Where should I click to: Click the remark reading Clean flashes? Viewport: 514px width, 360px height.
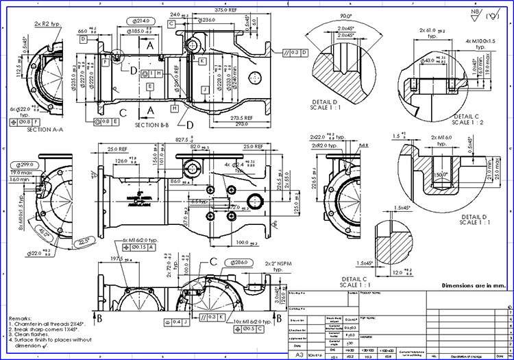pyautogui.click(x=36, y=335)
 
